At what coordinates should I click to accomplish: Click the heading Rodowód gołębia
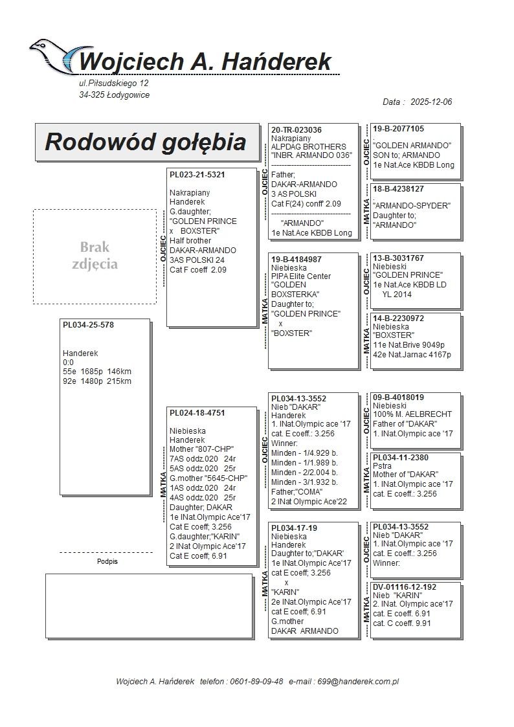click(x=146, y=142)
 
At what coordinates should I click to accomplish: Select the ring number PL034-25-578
click(x=88, y=325)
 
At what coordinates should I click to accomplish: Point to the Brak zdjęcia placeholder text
click(x=95, y=255)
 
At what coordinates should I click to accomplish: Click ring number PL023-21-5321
click(x=197, y=175)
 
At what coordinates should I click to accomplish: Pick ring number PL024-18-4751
click(x=197, y=412)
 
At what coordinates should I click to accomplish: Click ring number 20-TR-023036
click(x=296, y=129)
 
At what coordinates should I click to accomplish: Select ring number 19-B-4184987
click(x=296, y=259)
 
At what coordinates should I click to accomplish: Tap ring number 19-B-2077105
click(x=399, y=129)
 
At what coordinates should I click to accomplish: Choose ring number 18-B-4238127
click(x=399, y=189)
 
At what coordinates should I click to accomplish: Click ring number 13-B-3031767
click(x=399, y=258)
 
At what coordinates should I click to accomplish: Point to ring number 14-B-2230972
click(x=399, y=319)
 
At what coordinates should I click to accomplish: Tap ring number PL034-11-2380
click(x=401, y=458)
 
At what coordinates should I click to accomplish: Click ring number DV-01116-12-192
click(x=405, y=587)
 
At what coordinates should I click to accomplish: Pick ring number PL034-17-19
click(x=294, y=528)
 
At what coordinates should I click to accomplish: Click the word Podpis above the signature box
click(x=107, y=562)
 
